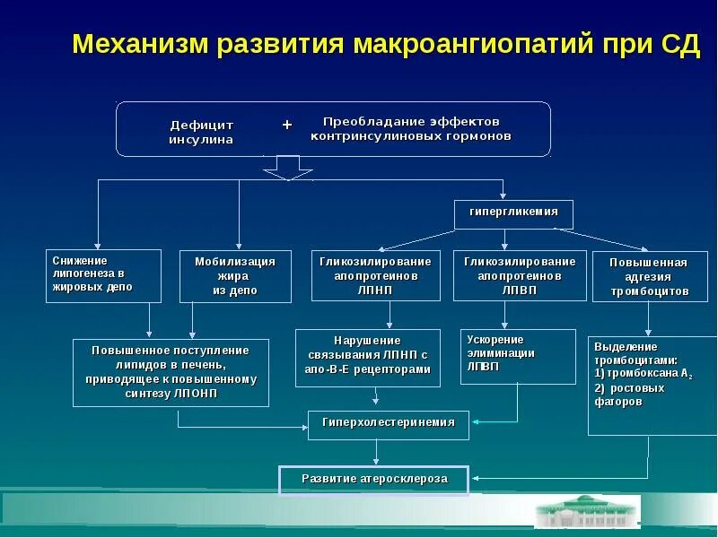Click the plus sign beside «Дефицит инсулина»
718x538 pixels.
coord(287,125)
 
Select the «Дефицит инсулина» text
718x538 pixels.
coord(201,132)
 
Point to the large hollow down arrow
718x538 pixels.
coord(287,167)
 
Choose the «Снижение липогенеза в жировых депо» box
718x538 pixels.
coord(105,274)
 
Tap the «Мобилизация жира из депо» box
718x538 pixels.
coord(235,275)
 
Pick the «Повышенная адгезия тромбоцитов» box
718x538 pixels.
coord(649,276)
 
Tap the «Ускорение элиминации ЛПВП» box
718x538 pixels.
coord(517,357)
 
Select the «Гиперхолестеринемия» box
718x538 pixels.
coord(389,422)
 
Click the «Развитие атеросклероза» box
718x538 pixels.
coord(374,480)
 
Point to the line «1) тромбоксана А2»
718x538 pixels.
coord(644,373)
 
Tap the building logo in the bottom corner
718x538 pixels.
coord(587,511)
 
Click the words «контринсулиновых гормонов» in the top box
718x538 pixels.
coord(410,137)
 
